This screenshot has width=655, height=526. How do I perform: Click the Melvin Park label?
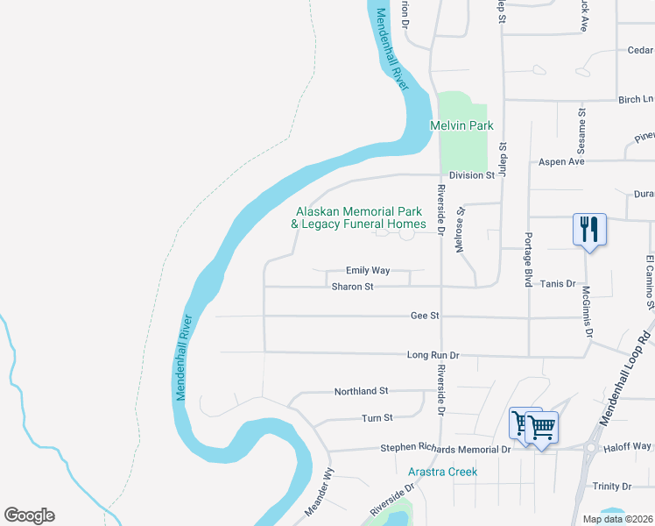[x=461, y=126]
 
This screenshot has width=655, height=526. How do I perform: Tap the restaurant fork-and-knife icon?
[x=588, y=230]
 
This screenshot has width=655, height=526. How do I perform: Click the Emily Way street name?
[x=368, y=272]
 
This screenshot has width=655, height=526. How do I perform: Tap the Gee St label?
[x=425, y=316]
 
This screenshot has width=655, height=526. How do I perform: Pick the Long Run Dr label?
[x=433, y=355]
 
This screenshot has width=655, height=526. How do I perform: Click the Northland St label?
[x=361, y=391]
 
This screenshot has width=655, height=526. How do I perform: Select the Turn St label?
[x=377, y=419]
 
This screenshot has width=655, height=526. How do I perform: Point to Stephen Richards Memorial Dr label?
[x=445, y=449]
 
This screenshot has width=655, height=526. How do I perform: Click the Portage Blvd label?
[x=528, y=259]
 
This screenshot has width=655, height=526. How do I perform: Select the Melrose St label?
[x=458, y=230]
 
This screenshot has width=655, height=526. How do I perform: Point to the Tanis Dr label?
[x=557, y=284]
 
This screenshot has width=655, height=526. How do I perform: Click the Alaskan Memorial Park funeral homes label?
[x=358, y=218]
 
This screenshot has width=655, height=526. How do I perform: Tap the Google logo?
[x=29, y=515]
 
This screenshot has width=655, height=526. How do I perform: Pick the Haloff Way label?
[x=630, y=447]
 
